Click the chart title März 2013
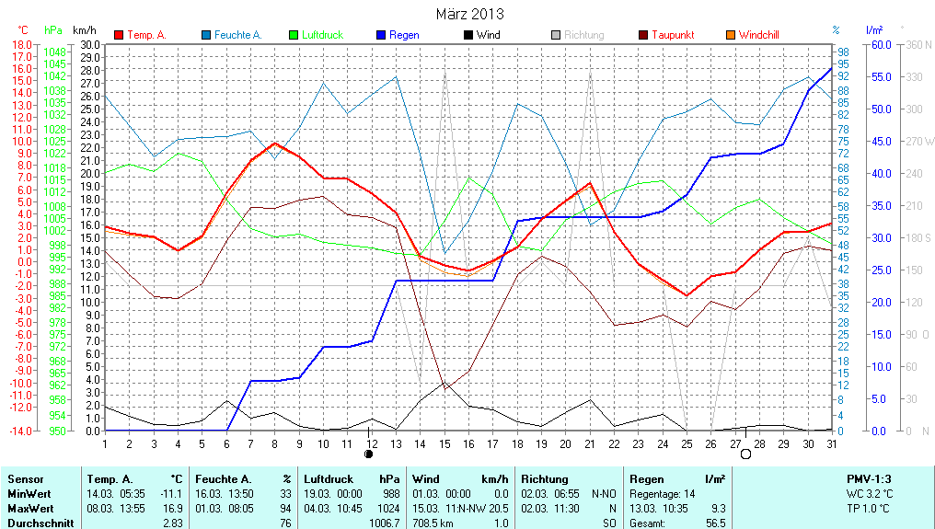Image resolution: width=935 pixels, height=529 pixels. pos(469,15)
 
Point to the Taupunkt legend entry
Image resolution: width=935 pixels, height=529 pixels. pos(673,35)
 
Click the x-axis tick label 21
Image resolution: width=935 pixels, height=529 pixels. pos(590,443)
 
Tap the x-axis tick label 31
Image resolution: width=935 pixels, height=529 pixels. pos(831,443)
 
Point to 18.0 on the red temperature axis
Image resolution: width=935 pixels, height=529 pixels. pos(23,43)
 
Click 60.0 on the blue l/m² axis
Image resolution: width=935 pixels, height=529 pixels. pos(882,43)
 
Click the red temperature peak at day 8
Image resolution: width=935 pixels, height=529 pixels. pos(274,143)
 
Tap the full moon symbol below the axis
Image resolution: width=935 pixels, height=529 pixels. pos(745,454)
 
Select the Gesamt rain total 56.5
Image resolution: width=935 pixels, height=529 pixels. pos(714,523)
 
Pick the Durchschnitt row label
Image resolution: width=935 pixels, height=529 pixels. pos(37,523)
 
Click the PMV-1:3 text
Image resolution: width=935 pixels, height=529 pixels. pos(868,479)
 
